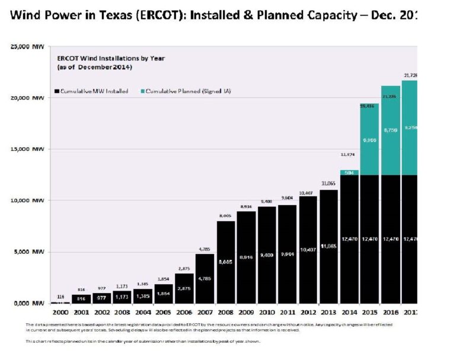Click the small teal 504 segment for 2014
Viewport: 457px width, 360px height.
click(349, 173)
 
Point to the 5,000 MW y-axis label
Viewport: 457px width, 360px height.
click(28, 252)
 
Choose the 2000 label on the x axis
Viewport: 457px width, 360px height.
click(60, 313)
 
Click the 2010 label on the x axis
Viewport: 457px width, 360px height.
click(266, 313)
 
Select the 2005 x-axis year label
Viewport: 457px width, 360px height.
click(163, 313)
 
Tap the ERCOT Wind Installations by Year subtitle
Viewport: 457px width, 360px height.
click(111, 58)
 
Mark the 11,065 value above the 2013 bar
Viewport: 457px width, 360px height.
click(328, 184)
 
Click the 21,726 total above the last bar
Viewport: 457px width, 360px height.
click(410, 75)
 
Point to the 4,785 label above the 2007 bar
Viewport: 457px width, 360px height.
click(204, 249)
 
